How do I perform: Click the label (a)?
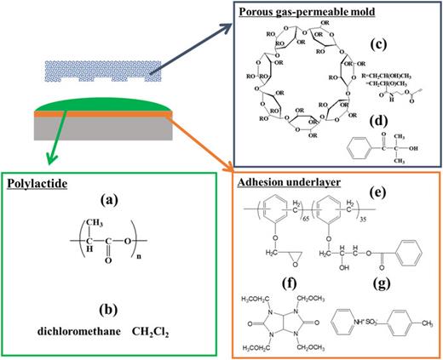coord(108,201)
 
